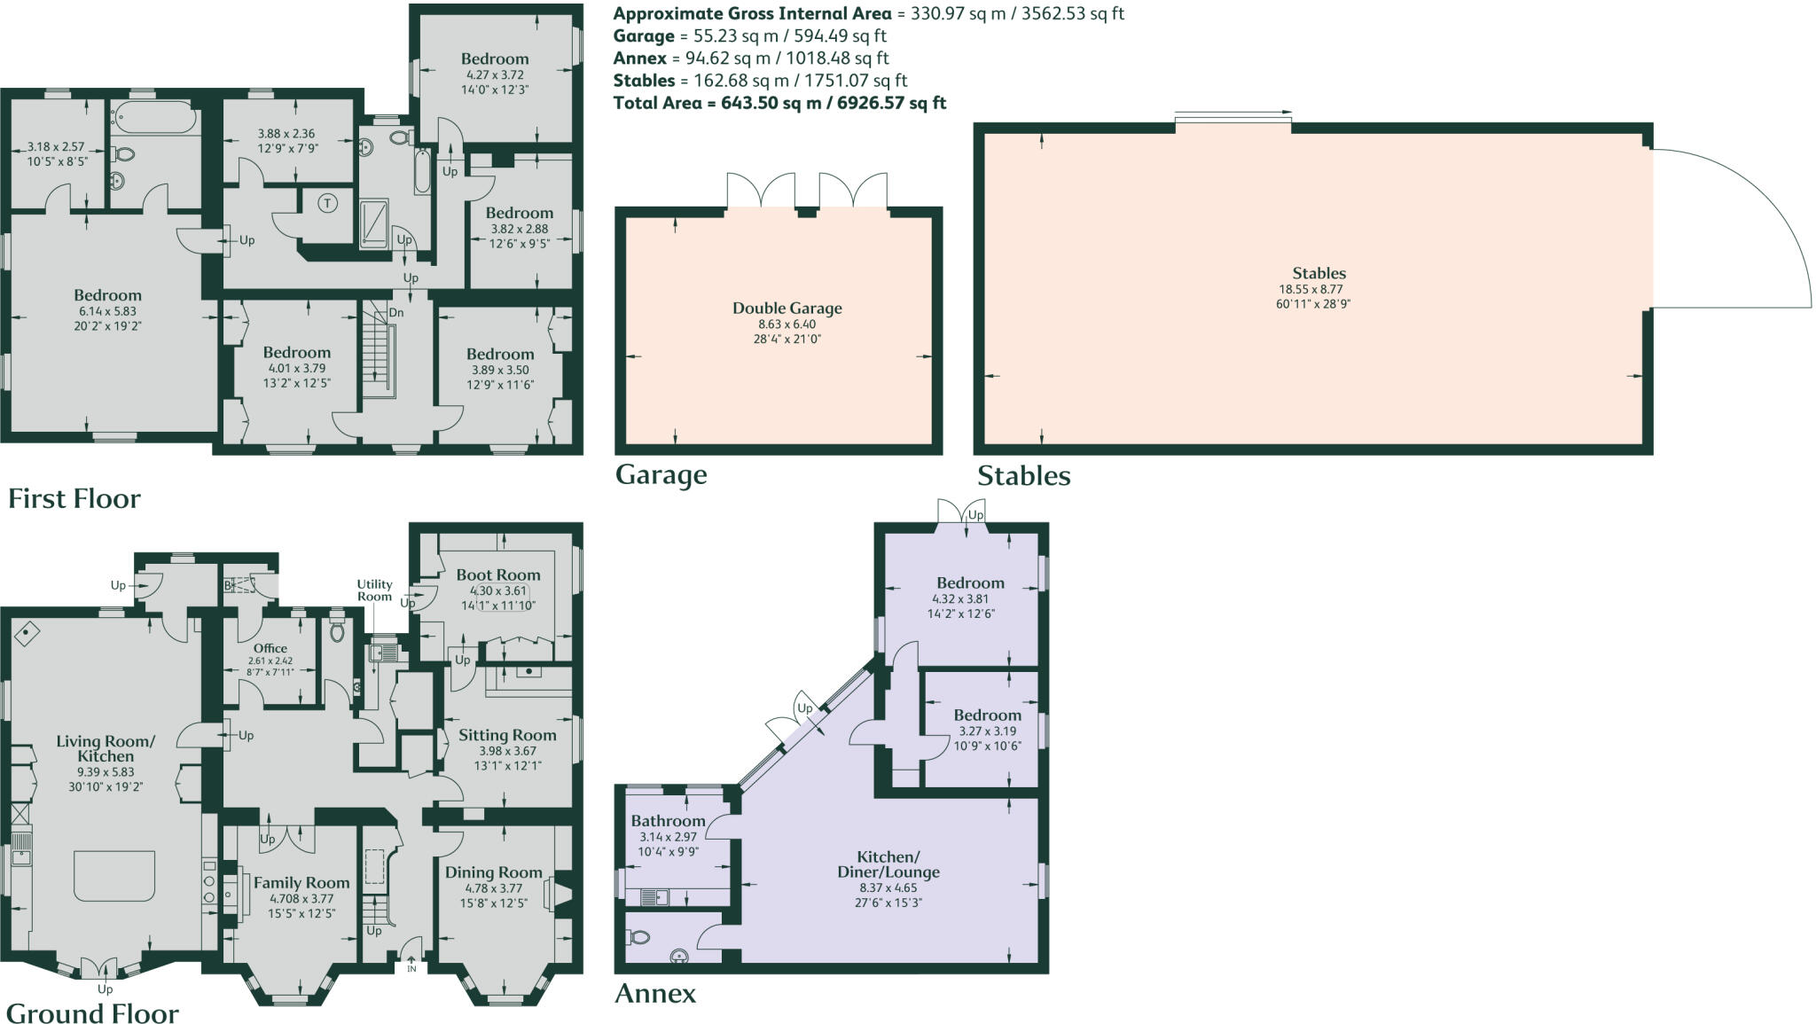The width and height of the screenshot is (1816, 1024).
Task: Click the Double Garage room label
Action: [787, 309]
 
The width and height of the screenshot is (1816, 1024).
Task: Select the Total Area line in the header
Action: [779, 103]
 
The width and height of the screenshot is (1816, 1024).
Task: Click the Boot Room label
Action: [498, 575]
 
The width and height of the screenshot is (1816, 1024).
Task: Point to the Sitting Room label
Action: [507, 735]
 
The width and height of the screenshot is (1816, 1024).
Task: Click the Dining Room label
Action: [493, 872]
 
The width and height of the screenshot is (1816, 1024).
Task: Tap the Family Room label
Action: [301, 882]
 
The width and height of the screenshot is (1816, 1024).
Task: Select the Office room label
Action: [270, 648]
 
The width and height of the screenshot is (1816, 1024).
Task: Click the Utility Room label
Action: [374, 590]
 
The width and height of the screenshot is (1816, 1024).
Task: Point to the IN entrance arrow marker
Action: [411, 963]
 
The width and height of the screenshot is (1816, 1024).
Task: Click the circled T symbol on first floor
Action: [328, 203]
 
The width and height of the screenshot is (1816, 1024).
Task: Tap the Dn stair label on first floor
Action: [396, 312]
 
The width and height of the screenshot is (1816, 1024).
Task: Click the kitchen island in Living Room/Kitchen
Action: [114, 876]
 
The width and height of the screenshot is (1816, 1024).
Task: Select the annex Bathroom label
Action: [668, 821]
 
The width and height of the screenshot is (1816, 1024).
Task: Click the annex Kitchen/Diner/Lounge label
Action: [888, 864]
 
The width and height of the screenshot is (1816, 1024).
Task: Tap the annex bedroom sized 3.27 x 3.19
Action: [987, 715]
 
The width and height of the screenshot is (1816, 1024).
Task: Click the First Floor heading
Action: [74, 498]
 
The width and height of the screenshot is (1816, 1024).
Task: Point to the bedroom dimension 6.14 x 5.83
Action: [107, 311]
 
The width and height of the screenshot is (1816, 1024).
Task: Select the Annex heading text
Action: [655, 993]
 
